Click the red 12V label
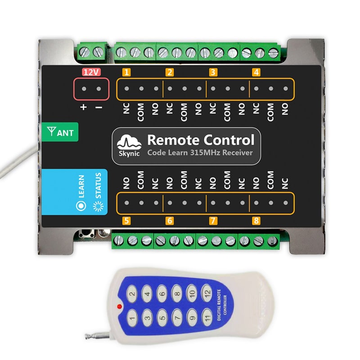pos(91,72)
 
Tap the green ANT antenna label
pos(60,132)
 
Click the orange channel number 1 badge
pos(126,72)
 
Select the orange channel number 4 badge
pos(256,72)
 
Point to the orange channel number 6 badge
pos(170,221)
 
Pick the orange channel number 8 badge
pos(256,221)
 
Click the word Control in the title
pos(229,140)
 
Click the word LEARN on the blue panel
pos(81,186)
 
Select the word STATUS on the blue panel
pos(98,185)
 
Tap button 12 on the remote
pos(207,293)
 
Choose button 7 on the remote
pos(177,318)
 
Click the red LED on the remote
pos(119,306)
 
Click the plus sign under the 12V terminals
pos(84,107)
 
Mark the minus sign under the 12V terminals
pos(99,107)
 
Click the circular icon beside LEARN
pos(81,206)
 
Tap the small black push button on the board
pos(87,234)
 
